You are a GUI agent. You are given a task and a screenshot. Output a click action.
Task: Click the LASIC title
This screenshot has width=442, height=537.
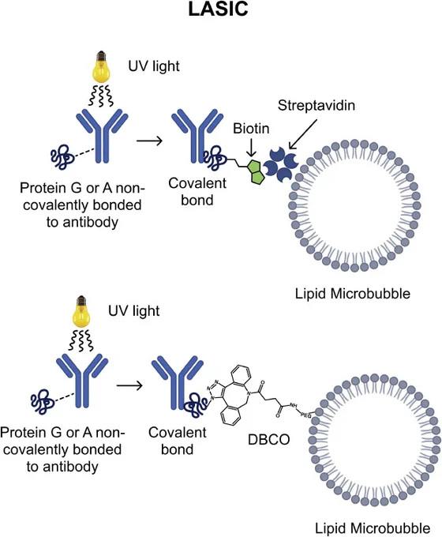(218, 9)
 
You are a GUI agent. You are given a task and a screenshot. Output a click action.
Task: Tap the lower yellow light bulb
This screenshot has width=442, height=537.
(81, 312)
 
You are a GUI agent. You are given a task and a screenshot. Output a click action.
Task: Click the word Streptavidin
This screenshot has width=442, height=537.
(316, 105)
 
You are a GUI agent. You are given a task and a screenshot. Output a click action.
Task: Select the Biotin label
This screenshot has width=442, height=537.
(251, 129)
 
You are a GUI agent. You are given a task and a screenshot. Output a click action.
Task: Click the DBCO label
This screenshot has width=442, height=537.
(269, 439)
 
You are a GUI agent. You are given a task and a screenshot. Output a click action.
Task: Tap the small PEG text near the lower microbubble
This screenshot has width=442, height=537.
(305, 415)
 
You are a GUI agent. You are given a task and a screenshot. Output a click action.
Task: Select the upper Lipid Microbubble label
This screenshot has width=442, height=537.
(353, 294)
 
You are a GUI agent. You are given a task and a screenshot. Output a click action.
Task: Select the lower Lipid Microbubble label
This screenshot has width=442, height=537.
(373, 528)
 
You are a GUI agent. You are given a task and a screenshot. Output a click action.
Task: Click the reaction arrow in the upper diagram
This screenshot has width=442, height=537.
(149, 141)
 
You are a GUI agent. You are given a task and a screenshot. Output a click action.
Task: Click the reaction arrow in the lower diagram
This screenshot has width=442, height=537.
(129, 385)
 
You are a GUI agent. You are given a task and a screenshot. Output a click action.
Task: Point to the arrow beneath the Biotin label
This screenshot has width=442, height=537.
(252, 148)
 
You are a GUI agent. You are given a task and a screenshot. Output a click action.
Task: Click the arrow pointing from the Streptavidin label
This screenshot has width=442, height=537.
(303, 134)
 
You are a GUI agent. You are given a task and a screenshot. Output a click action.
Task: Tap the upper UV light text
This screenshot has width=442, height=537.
(154, 66)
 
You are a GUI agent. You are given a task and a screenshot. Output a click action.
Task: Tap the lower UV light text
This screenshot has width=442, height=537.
(134, 310)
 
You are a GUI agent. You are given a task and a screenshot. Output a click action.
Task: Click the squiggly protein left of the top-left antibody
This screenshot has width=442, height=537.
(62, 157)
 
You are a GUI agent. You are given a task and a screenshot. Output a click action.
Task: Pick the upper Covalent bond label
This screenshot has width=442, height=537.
(197, 191)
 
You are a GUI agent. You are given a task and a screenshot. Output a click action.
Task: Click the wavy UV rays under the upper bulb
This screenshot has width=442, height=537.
(101, 96)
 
